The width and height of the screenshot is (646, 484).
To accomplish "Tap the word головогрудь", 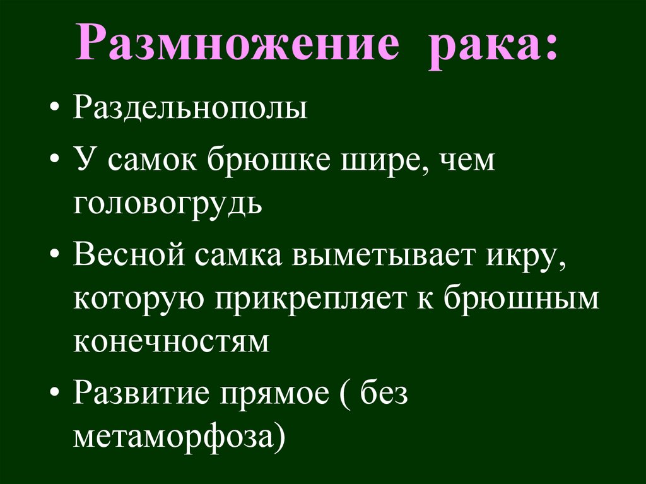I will pos(167,204).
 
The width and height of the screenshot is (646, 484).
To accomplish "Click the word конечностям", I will pos(170,341).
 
